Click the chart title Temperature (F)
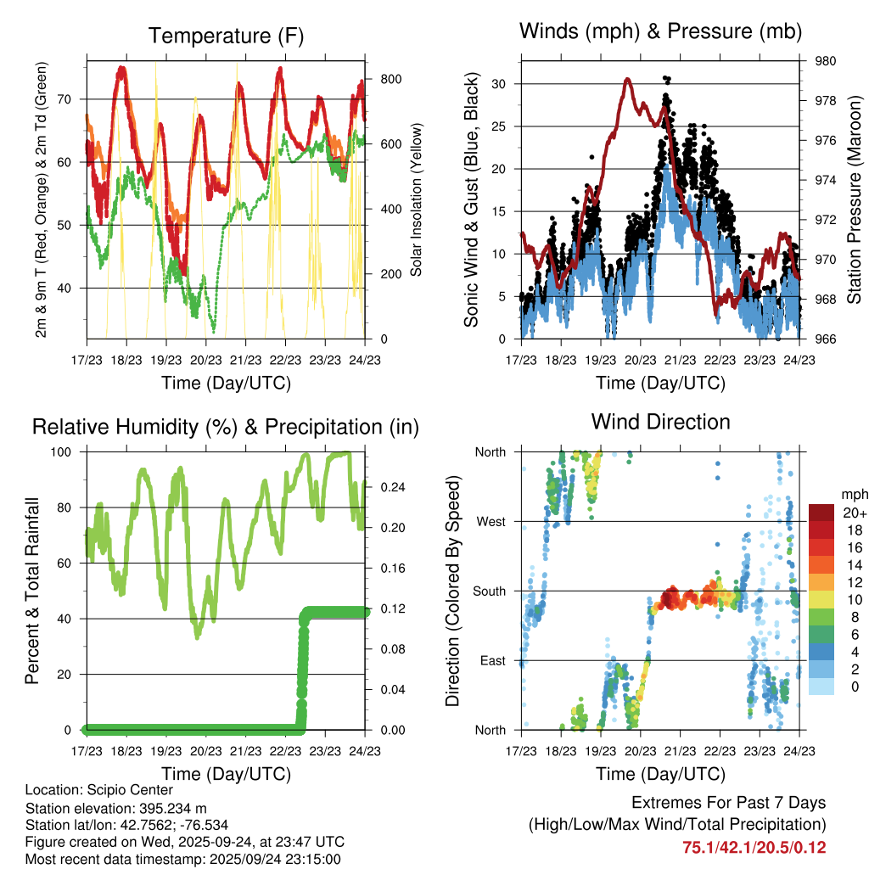point(226,36)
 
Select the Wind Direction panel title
point(660,421)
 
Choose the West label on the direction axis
point(491,521)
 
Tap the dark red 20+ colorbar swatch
point(821,513)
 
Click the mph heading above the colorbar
point(853,494)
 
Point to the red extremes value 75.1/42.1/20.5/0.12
point(754,847)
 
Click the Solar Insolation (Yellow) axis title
point(417,199)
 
